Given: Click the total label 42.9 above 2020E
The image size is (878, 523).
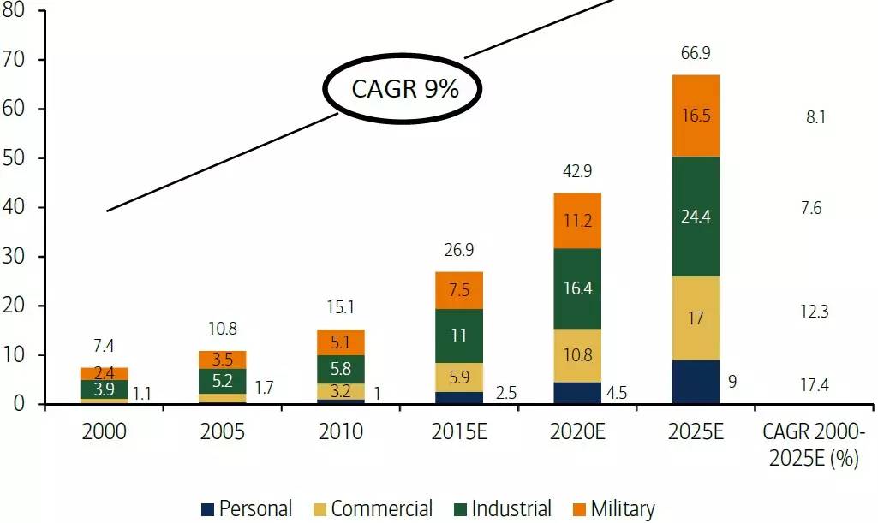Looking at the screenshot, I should (578, 172).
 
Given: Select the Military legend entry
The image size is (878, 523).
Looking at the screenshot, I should (612, 509).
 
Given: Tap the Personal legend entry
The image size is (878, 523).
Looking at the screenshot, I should (247, 509).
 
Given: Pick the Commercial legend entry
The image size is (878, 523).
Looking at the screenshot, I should (372, 509).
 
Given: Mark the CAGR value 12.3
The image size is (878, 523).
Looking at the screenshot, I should (814, 312).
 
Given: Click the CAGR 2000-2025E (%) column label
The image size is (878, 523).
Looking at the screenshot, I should (814, 444).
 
